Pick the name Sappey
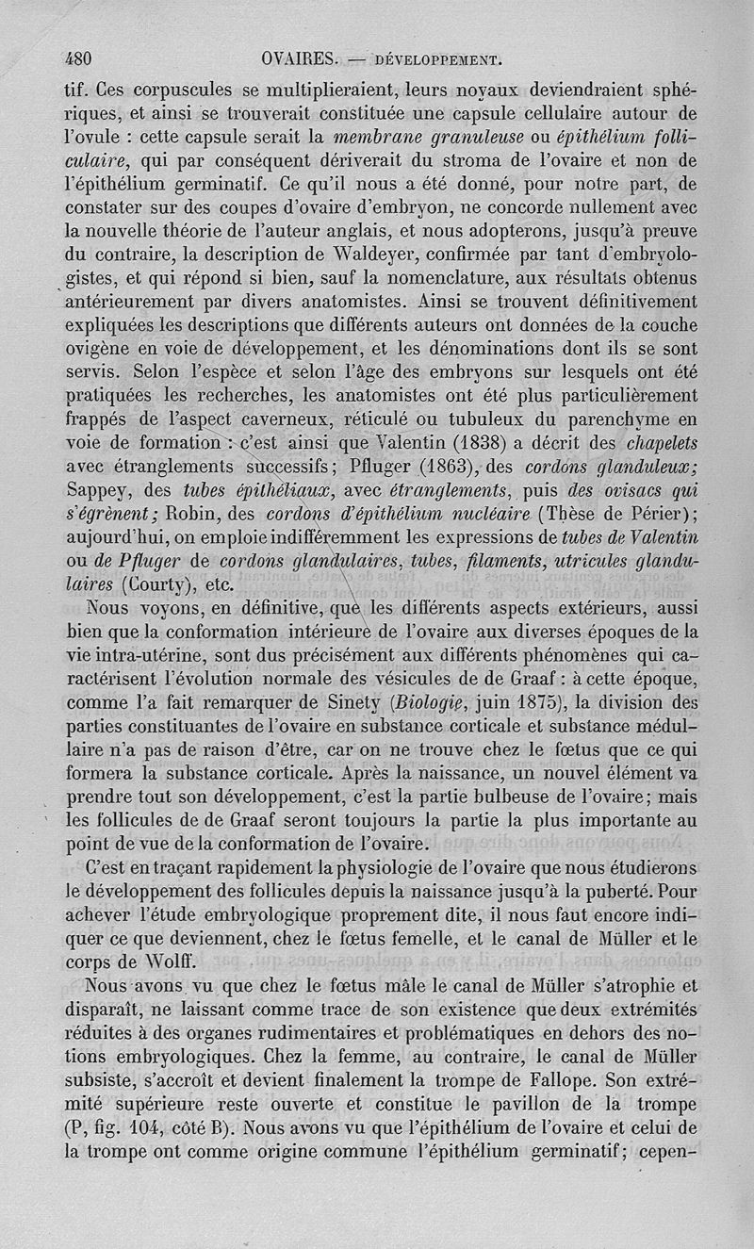pos(103,489)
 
